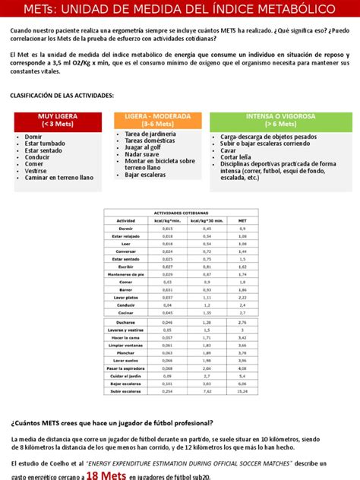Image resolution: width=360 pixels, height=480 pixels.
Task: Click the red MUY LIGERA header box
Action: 52,120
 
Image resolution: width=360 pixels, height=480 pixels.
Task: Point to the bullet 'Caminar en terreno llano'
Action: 58,177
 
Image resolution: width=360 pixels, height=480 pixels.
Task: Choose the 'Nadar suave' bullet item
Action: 136,153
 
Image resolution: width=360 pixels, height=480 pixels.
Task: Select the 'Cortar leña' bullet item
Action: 236,158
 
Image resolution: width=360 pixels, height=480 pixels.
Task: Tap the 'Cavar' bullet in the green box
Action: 228,150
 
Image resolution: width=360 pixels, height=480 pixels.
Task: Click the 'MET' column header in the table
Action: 242,220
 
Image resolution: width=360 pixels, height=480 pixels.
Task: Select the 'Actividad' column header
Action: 125,220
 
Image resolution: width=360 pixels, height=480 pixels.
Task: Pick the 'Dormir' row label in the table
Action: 126,228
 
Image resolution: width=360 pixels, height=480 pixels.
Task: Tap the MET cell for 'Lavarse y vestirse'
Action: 242,330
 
